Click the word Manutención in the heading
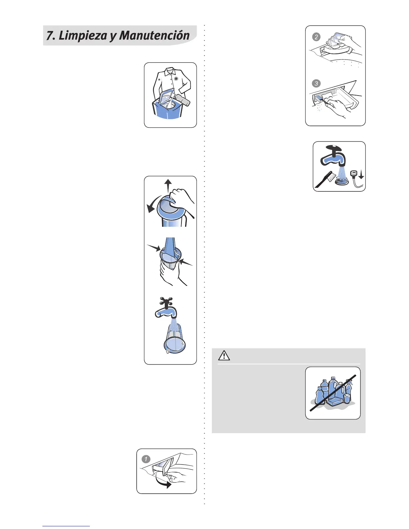(154, 35)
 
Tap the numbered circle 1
(146, 459)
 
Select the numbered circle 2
(316, 37)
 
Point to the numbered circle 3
(316, 83)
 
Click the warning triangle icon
(224, 356)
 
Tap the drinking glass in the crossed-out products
(347, 398)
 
